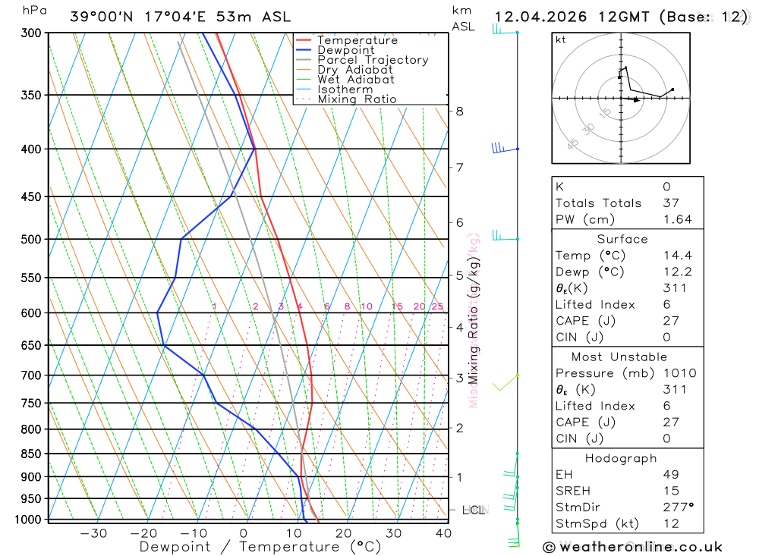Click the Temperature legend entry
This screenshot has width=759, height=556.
357,40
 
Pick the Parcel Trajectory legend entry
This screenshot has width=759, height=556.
373,60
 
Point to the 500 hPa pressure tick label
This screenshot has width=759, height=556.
31,240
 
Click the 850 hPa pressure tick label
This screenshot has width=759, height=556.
31,454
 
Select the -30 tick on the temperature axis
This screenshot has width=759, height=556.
93,533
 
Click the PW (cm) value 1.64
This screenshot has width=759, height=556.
677,220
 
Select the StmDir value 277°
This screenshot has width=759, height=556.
678,507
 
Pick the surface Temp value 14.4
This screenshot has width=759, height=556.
677,256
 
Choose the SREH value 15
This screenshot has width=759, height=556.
670,492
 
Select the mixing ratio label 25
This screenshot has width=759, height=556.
437,306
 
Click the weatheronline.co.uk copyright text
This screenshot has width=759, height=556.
632,547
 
